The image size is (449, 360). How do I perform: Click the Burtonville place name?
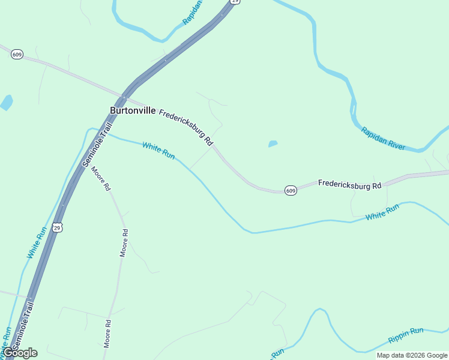133,111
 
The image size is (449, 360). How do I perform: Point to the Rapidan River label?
383,139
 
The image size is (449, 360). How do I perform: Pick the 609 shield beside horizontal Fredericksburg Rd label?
291,190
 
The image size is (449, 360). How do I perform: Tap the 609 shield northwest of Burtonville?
17,55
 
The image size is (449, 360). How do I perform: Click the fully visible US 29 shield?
57,227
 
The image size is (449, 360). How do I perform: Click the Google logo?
20,353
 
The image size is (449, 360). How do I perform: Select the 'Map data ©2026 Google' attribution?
412,355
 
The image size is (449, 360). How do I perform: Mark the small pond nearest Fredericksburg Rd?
273,144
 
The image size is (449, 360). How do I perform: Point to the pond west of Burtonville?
7,103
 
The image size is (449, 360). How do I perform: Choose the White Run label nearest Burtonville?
158,150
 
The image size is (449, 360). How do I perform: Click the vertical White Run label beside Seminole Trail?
37,242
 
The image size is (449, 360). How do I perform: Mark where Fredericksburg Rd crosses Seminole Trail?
123,97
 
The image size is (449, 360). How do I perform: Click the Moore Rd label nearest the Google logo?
108,334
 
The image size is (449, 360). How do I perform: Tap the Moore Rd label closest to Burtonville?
101,178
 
